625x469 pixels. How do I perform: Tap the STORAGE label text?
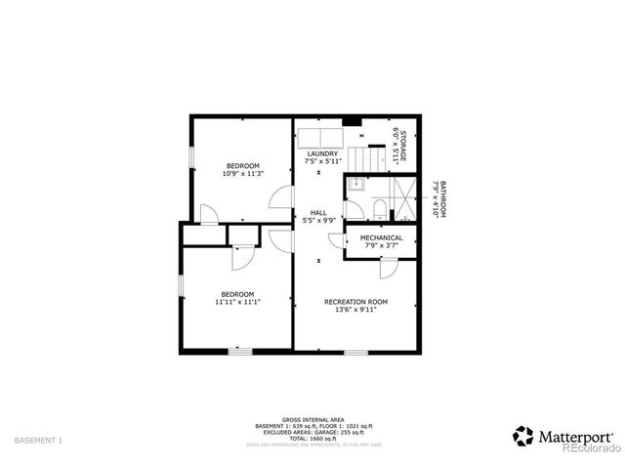coord(398,146)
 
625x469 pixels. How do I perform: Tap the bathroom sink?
coord(354,183)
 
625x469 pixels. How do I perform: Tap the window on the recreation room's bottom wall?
coord(354,351)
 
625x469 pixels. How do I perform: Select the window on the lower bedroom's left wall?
coord(180,284)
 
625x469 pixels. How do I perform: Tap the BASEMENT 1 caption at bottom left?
coord(40,441)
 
